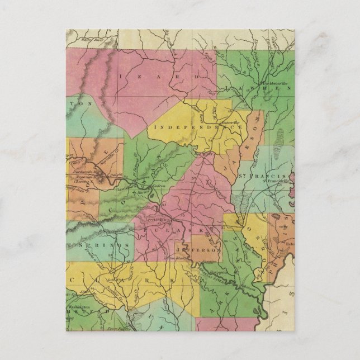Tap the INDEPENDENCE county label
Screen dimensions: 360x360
tap(195, 127)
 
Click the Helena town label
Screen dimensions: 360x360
tap(289, 244)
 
